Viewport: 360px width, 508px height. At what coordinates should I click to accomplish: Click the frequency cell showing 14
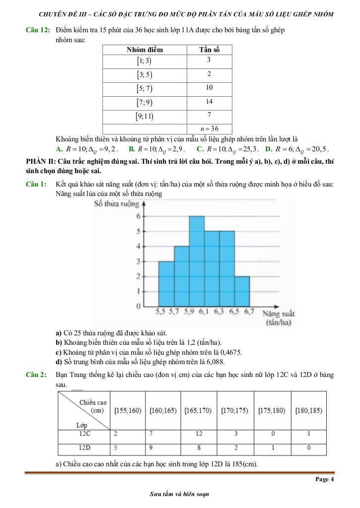pyautogui.click(x=209, y=102)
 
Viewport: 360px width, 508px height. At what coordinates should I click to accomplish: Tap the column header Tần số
pyautogui.click(x=209, y=50)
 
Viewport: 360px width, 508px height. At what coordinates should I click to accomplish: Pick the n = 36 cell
pyautogui.click(x=209, y=129)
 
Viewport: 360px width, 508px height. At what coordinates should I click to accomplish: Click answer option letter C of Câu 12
pyautogui.click(x=199, y=148)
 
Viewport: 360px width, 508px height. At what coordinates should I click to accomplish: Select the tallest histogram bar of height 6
pyautogui.click(x=197, y=260)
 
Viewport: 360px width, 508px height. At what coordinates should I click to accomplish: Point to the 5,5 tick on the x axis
pyautogui.click(x=160, y=312)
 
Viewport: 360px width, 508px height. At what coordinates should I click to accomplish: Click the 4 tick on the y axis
pyautogui.click(x=139, y=246)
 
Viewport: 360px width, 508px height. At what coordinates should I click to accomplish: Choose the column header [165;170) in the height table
pyautogui.click(x=198, y=411)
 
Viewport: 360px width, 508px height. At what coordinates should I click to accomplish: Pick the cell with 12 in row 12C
pyautogui.click(x=199, y=434)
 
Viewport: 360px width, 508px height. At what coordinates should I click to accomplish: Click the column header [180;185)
pyautogui.click(x=308, y=411)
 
